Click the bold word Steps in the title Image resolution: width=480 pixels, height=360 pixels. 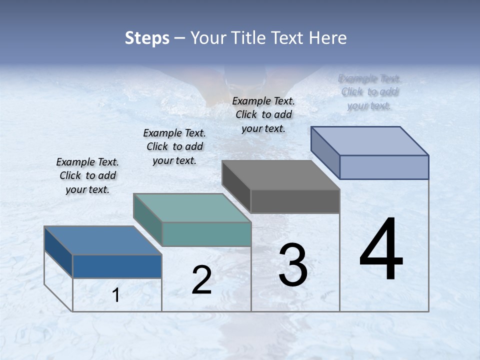point(147,38)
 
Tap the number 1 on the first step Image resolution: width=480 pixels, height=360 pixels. point(116,295)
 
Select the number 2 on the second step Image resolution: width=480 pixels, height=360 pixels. point(201,280)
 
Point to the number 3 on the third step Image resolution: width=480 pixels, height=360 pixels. point(293,265)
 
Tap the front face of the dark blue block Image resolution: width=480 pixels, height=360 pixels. point(117,266)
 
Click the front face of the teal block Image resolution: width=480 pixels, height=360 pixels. point(206,234)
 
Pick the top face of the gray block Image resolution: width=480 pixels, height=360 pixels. point(280,175)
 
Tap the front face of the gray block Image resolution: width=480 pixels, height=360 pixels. point(295,201)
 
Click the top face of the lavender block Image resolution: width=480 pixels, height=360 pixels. point(369,141)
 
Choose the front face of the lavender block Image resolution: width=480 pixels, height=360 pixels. point(384,167)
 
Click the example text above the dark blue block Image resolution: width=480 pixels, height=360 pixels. point(87,175)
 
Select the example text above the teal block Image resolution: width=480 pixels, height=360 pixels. point(174,146)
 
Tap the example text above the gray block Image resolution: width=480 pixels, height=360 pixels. point(263,114)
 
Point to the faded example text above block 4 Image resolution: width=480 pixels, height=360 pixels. point(369,91)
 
